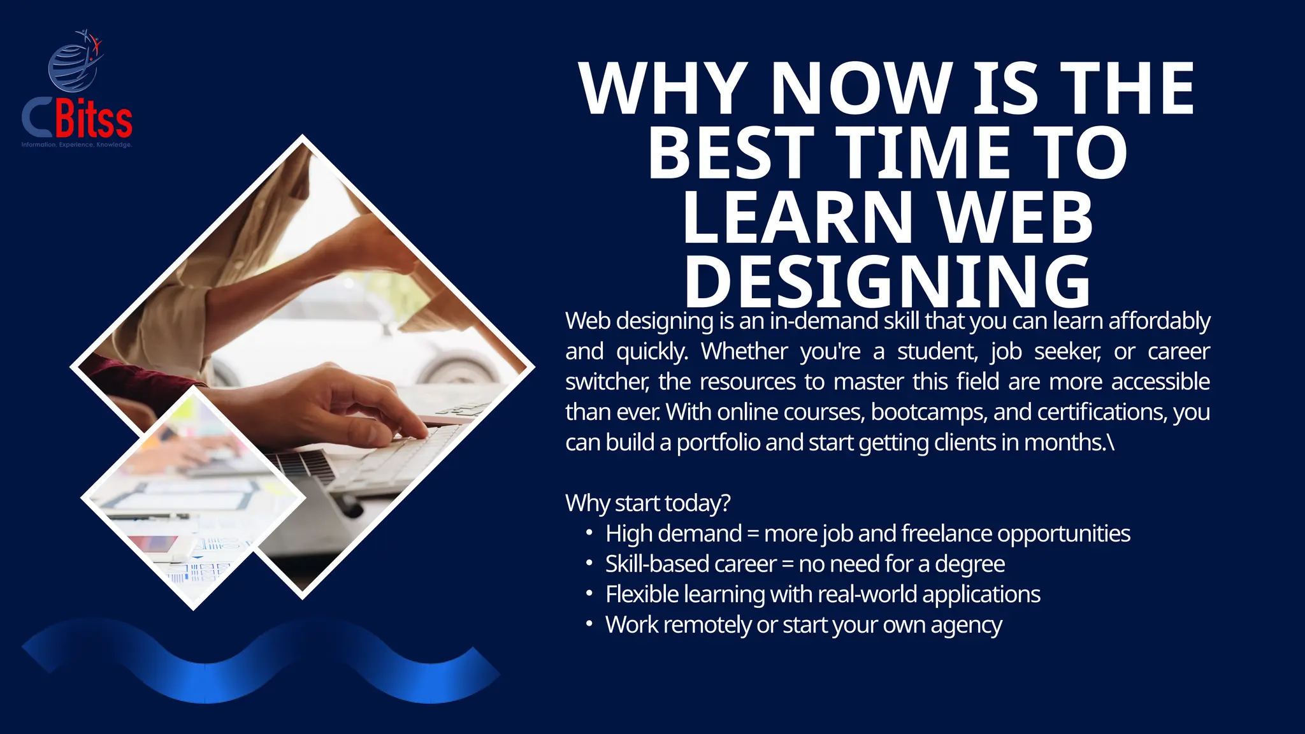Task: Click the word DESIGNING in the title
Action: pos(888,282)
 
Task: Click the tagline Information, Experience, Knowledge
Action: pos(76,145)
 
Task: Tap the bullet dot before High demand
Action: pos(589,532)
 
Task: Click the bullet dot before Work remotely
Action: pos(589,624)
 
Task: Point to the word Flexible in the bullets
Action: pos(642,594)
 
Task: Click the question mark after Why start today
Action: pos(725,503)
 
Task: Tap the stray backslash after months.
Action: pos(1111,442)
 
